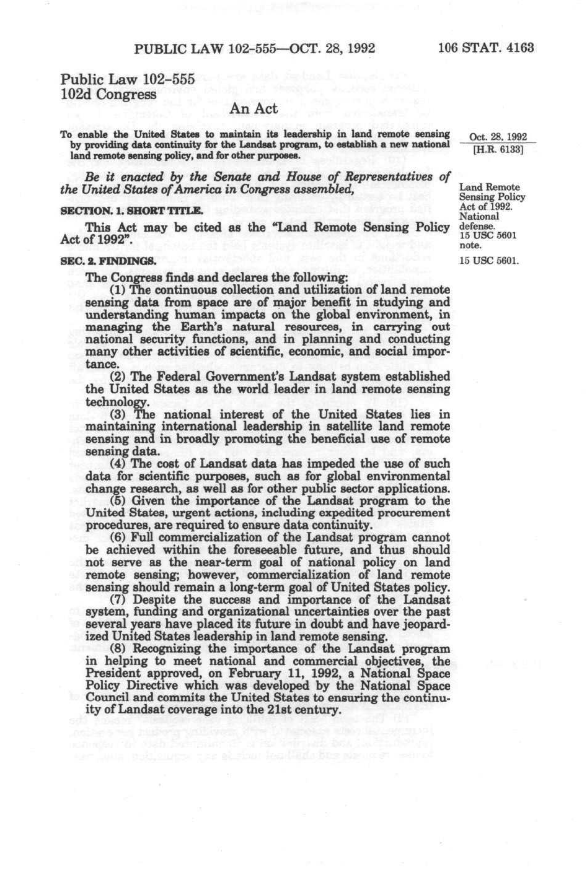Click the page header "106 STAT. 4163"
coord(485,48)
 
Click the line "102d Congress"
coord(108,94)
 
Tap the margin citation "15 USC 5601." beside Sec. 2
coord(488,261)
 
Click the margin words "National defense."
coord(479,222)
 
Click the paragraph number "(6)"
coord(118,538)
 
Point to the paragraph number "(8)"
coord(118,649)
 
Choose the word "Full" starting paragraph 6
coord(144,538)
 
